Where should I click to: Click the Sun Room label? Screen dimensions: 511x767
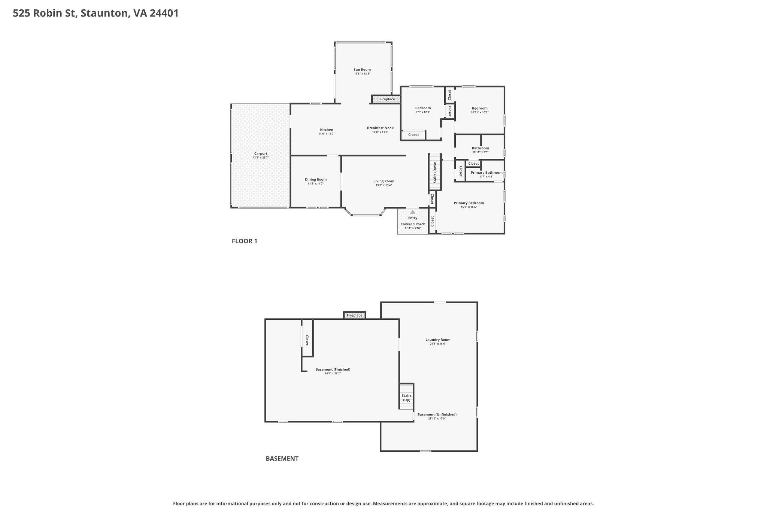click(x=362, y=70)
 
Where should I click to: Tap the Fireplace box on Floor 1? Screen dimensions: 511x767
click(x=386, y=99)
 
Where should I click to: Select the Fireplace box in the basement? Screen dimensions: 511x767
click(x=354, y=316)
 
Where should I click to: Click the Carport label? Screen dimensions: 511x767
click(x=261, y=153)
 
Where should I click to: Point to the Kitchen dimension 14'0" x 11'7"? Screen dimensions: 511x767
click(x=326, y=134)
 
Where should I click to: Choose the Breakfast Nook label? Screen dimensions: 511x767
click(x=380, y=128)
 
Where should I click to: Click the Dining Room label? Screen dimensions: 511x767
click(x=315, y=180)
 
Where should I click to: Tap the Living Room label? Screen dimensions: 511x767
click(x=383, y=181)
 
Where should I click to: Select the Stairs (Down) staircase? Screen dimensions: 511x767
click(x=434, y=172)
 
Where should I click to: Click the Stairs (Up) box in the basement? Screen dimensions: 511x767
click(x=406, y=397)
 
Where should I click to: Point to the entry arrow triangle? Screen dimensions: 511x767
click(x=413, y=212)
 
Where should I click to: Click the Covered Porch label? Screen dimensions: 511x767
click(x=413, y=224)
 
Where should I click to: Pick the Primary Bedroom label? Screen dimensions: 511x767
click(x=469, y=203)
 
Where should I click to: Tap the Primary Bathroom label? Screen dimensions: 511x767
click(x=486, y=173)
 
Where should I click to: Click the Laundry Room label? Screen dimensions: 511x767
click(x=438, y=340)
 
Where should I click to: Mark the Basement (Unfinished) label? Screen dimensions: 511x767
click(x=437, y=414)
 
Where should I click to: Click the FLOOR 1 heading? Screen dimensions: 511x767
click(x=244, y=241)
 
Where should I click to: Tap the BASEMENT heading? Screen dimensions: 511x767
click(x=282, y=459)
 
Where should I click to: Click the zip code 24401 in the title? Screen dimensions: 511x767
click(x=164, y=13)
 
